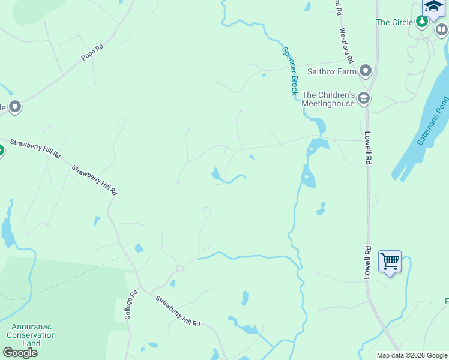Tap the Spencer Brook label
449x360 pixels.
(290, 71)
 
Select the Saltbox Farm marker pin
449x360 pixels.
(366, 72)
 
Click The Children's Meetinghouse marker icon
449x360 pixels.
(363, 98)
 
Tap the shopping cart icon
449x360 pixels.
(390, 262)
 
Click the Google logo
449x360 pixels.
(20, 353)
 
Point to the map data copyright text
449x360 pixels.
(412, 355)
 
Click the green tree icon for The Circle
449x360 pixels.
(422, 22)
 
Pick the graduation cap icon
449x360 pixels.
(432, 7)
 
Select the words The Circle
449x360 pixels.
(394, 22)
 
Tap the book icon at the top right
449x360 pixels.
(442, 29)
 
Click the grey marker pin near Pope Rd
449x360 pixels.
(15, 107)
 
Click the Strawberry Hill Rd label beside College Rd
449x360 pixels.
(178, 311)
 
